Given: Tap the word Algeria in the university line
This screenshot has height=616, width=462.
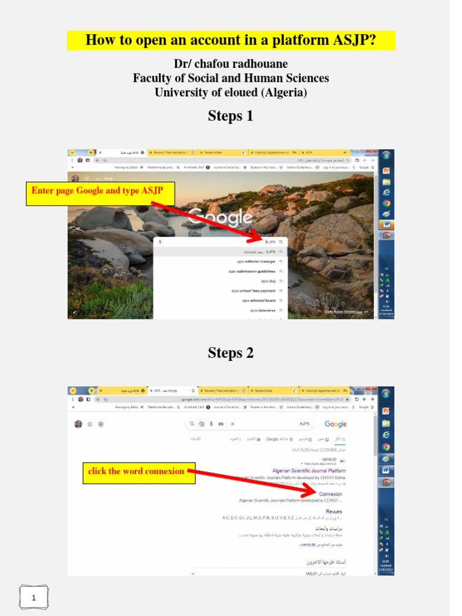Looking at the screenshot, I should click(282, 93).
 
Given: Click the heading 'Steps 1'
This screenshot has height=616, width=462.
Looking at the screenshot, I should click(230, 116).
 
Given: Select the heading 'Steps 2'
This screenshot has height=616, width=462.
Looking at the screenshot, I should click(230, 353).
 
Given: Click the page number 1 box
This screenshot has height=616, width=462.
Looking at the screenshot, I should click(34, 597).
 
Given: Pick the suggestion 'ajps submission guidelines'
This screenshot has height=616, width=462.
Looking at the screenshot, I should click(251, 271).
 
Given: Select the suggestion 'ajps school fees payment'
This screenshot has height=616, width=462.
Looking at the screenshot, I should click(253, 291).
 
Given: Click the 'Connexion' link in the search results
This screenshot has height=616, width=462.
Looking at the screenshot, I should click(330, 494).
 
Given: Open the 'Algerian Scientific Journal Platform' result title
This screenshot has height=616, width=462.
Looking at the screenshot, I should click(309, 471).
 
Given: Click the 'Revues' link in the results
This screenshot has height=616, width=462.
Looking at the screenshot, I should click(334, 512).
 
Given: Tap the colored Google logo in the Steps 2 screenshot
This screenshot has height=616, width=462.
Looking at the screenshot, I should click(335, 424).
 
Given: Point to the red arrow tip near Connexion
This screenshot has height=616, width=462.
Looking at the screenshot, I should click(313, 493).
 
